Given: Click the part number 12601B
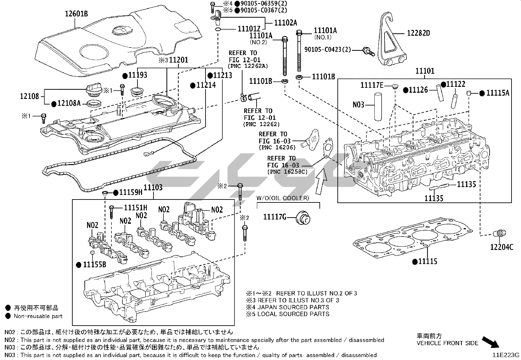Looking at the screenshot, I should pos(76,14).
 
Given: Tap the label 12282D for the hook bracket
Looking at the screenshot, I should pos(418,33).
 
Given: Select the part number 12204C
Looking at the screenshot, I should pos(502,247).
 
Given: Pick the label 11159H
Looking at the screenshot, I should pos(131,193).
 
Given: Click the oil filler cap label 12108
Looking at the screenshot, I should pos(29,96).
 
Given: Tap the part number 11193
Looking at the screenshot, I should pos(138,75).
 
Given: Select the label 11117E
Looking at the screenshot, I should pos(372,85).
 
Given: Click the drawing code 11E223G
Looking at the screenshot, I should pos(507,355).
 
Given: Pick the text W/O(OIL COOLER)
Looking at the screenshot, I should pos(282,198).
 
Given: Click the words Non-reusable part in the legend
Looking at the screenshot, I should pos(38,316).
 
